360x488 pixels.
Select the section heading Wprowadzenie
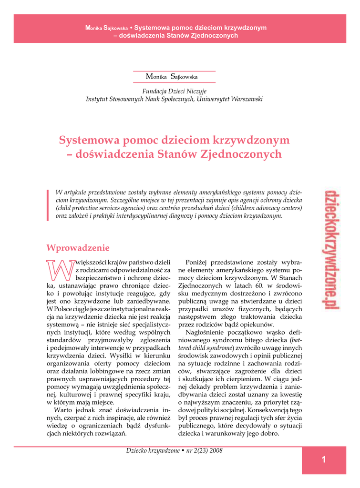(78, 248)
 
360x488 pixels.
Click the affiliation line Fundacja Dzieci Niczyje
(175, 91)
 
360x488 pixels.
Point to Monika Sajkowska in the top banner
(106, 28)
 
